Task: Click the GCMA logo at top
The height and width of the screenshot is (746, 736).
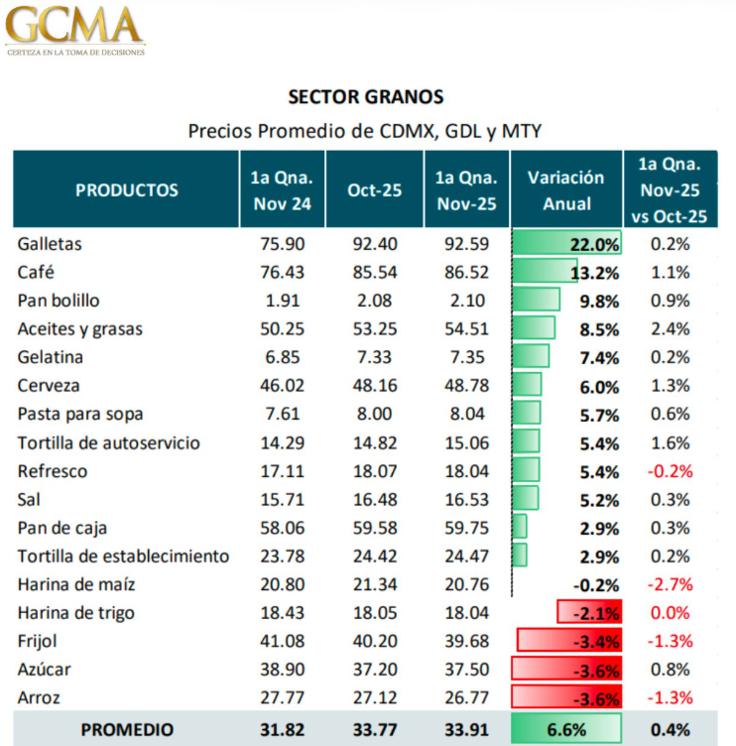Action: pos(75,28)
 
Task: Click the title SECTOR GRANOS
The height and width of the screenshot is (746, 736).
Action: pos(366,97)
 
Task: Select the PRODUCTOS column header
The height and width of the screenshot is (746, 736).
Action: pos(127,189)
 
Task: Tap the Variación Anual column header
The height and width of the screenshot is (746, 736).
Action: pos(565,190)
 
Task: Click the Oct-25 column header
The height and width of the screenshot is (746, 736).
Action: pos(374,189)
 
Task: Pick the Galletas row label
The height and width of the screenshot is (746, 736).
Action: pos(50,243)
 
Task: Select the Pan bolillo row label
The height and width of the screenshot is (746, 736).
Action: pos(59,301)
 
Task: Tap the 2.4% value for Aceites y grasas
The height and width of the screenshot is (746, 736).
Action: pos(670,329)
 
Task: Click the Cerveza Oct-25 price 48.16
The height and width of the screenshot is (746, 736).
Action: pos(374,386)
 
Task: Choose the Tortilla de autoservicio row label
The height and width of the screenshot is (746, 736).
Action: pos(109,442)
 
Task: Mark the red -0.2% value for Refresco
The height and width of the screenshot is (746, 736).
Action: pos(670,471)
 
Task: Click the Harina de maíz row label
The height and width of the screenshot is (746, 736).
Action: pos(76,584)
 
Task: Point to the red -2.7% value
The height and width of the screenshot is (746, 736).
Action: pos(670,584)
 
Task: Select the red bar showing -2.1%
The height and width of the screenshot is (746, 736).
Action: pos(589,613)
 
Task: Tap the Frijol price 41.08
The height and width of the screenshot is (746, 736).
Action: pos(282,641)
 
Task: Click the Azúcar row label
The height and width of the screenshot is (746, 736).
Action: pos(45,670)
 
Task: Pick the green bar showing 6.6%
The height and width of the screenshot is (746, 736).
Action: pos(565,729)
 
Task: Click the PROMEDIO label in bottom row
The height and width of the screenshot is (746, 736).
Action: pos(127,729)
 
